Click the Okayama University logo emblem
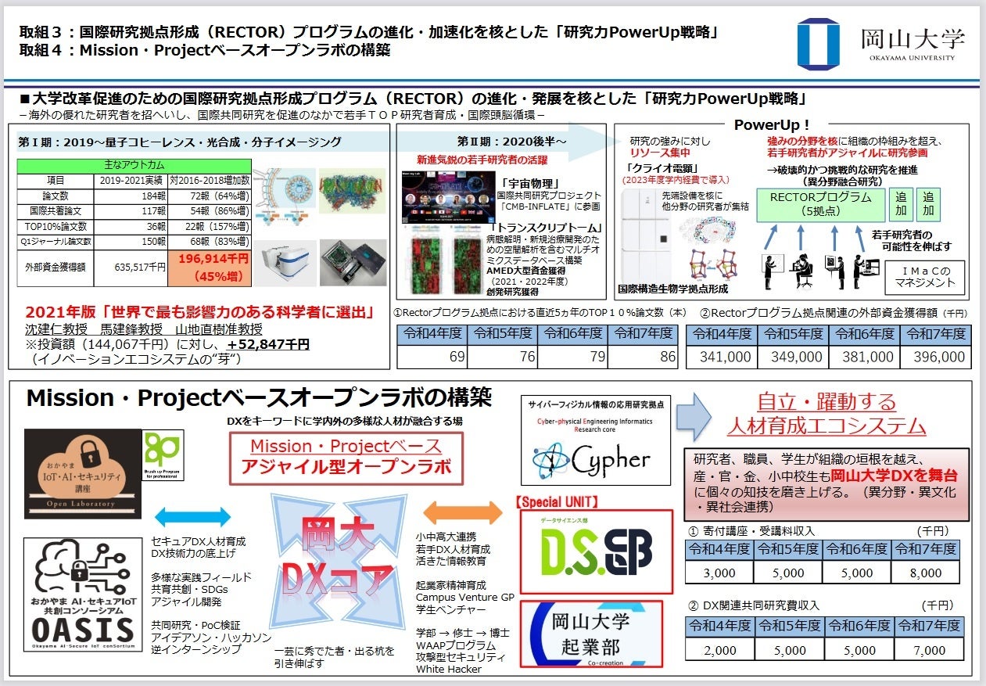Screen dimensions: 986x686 [x=818, y=43]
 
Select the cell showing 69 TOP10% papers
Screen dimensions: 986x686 [x=432, y=356]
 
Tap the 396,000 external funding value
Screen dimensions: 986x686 [x=934, y=357]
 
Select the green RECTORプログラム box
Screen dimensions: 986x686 [x=820, y=204]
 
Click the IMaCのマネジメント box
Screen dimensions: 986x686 [x=927, y=275]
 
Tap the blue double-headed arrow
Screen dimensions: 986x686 [x=192, y=516]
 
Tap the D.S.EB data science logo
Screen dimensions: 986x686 [x=597, y=552]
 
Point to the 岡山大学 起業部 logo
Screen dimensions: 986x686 [x=591, y=637]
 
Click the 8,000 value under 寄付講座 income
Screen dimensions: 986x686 [x=925, y=573]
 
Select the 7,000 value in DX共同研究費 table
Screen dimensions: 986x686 [x=928, y=650]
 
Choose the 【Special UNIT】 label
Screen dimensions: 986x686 [x=557, y=501]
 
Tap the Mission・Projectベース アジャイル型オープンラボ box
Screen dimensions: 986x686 [x=346, y=457]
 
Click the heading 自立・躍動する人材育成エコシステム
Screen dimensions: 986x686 [x=826, y=415]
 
